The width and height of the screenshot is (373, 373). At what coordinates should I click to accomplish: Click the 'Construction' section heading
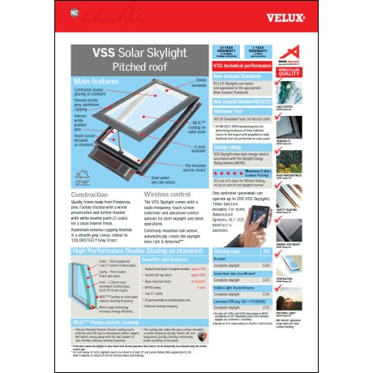(x=90, y=195)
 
